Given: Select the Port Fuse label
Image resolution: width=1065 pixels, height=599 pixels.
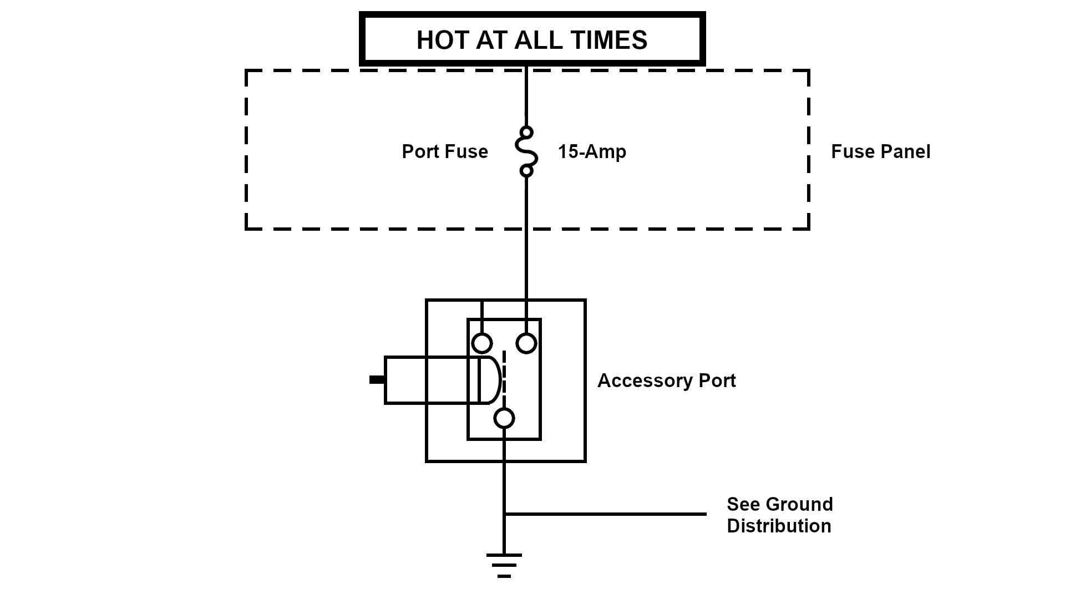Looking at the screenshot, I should [x=445, y=151].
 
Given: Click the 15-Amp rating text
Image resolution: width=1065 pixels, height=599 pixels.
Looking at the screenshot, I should [x=592, y=151].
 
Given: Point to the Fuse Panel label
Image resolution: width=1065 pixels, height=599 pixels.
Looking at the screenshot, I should [x=880, y=151].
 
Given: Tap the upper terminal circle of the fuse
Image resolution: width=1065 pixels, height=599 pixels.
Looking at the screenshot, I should [x=526, y=132].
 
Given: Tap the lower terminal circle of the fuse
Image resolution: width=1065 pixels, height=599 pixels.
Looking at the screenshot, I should [x=526, y=171].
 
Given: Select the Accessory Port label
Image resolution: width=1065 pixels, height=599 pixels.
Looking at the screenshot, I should [x=666, y=380].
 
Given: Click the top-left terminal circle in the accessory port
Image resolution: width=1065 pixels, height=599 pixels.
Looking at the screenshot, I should [x=482, y=343].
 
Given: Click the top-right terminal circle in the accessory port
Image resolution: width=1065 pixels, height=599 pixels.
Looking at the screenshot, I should [x=526, y=343].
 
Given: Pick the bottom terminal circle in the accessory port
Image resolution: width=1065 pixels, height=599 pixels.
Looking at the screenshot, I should [x=504, y=418].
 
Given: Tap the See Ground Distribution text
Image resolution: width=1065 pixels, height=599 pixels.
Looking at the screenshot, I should [x=779, y=515].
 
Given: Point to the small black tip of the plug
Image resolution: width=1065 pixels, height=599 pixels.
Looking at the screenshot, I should [x=377, y=380].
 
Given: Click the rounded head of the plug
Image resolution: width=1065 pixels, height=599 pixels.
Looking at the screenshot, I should [x=490, y=380].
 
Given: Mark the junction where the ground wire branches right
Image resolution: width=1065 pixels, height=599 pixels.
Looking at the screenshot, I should [x=504, y=514].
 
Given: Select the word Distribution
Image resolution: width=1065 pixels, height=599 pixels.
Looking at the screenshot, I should [x=779, y=526].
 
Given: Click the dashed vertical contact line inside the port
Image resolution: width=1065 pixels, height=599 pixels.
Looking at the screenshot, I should [x=504, y=374].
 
